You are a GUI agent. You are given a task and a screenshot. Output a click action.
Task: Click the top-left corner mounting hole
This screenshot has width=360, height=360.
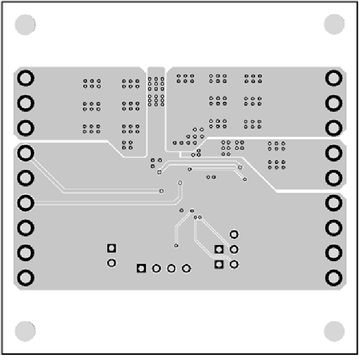[x=25, y=25]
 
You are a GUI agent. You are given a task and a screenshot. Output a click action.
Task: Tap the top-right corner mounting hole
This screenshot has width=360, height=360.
[x=334, y=25]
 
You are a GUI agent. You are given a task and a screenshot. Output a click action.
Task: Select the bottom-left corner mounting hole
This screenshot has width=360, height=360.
[x=25, y=331]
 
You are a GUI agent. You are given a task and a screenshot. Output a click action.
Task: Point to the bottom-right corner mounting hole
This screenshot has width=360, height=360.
[x=334, y=331]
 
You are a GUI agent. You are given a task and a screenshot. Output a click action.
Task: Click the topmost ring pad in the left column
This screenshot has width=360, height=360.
[x=26, y=79]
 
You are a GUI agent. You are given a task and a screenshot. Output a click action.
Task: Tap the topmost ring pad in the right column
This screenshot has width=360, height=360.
[x=334, y=79]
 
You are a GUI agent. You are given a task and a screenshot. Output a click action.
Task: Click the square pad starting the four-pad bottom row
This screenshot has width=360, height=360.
[x=142, y=268]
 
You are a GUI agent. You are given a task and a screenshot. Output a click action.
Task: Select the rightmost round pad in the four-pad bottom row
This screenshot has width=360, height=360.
[x=186, y=268]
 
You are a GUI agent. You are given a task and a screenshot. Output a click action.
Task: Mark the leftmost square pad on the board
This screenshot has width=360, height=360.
[x=111, y=248]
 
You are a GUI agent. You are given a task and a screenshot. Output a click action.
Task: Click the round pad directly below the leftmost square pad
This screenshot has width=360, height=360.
[x=111, y=263]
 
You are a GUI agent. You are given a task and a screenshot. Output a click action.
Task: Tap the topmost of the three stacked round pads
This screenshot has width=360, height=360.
[x=234, y=235]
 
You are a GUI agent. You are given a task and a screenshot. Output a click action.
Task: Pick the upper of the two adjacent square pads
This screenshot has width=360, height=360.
[x=219, y=250]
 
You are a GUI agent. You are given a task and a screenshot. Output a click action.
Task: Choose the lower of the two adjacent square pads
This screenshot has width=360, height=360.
[x=219, y=264]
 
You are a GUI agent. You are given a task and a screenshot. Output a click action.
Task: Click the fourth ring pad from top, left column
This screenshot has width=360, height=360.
[x=26, y=154]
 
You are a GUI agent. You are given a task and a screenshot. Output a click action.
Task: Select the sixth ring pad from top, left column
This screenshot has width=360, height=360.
[x=26, y=203]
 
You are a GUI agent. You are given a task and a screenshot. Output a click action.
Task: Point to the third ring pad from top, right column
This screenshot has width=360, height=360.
[x=334, y=128]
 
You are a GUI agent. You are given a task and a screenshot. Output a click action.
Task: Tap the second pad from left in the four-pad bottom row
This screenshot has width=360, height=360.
[x=156, y=268]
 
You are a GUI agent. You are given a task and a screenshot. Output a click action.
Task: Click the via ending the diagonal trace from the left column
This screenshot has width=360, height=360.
[x=161, y=191]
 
